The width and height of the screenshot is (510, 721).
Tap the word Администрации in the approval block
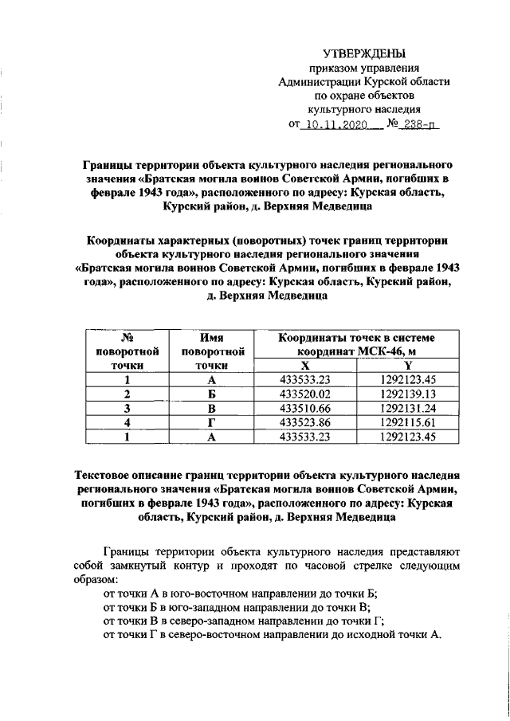point(316,81)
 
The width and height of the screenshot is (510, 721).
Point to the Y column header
point(408,365)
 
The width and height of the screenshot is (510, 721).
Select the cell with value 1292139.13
point(408,394)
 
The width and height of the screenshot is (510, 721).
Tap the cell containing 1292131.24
point(408,408)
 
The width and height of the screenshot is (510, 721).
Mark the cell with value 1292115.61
point(408,422)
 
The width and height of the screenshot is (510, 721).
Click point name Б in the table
point(211,394)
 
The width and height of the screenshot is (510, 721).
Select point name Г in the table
point(211,422)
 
